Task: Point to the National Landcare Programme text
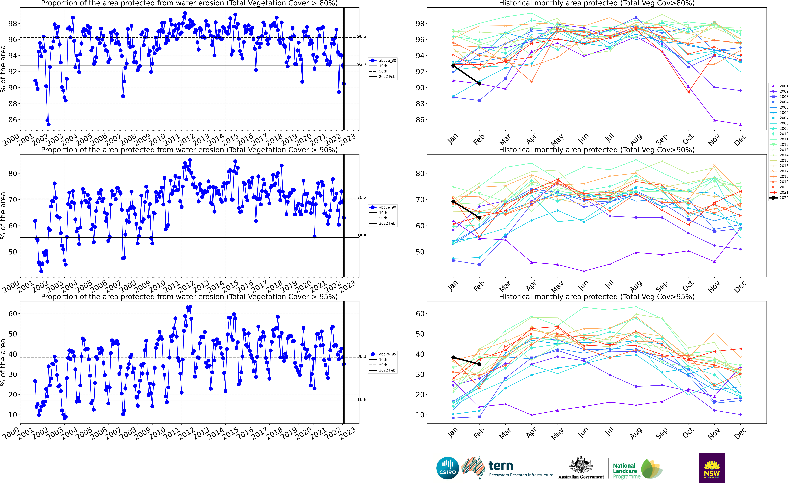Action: (x=624, y=471)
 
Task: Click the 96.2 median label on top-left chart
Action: (x=362, y=36)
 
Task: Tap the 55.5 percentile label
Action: (x=362, y=236)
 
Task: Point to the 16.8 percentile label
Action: (x=362, y=399)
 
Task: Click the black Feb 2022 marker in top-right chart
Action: (x=479, y=84)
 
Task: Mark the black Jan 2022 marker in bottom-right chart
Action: (x=453, y=357)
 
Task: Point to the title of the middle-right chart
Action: (x=597, y=150)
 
